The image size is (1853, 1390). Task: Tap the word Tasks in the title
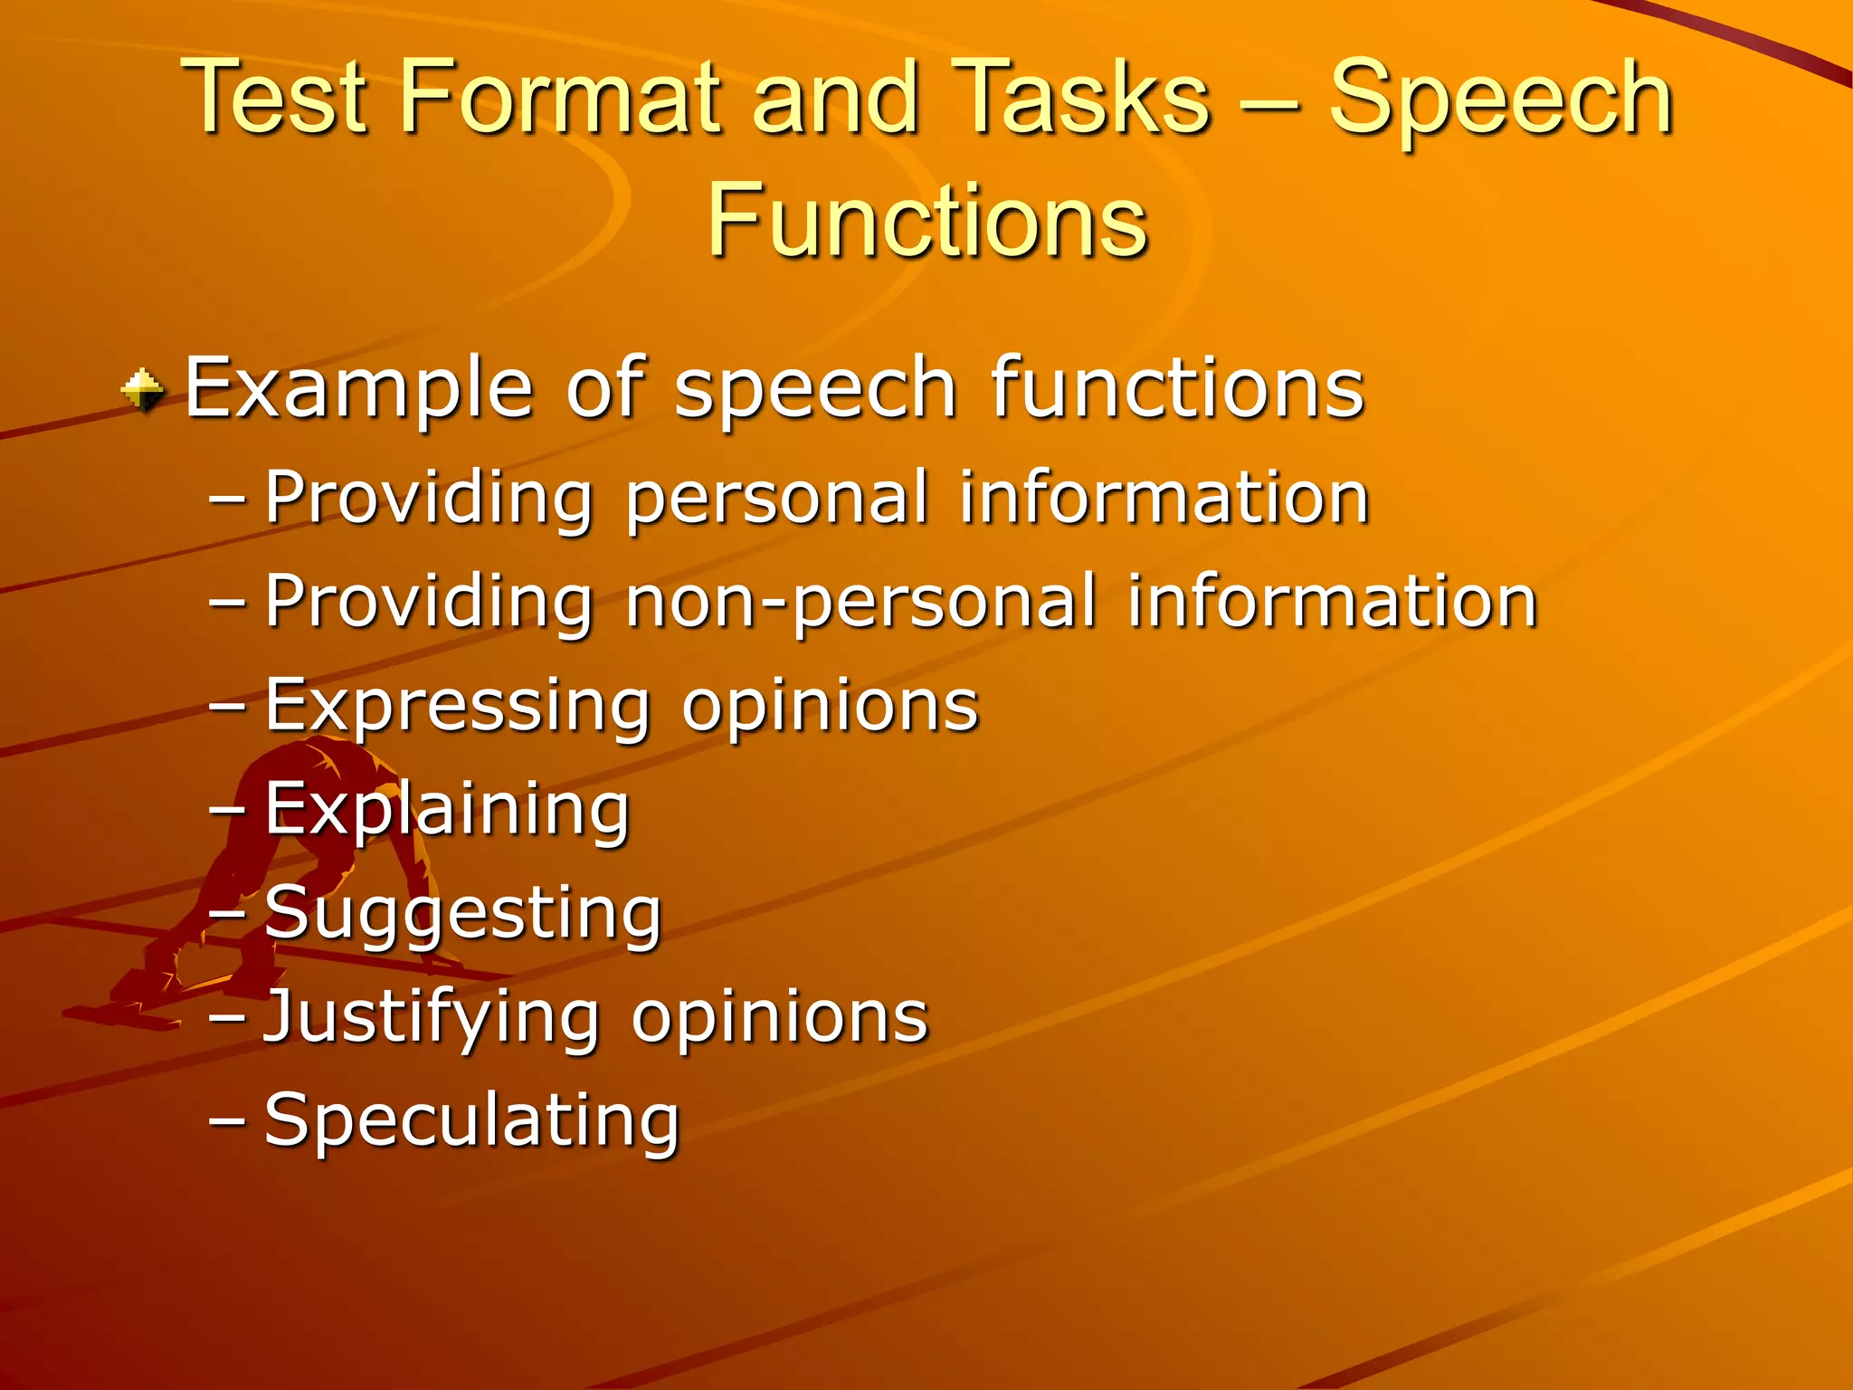[1081, 98]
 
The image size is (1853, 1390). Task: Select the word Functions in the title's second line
[926, 220]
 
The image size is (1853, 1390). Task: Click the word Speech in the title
[1500, 98]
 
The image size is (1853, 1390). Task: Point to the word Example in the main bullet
[358, 389]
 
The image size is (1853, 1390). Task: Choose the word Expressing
[457, 706]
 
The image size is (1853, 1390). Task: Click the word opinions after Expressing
[830, 706]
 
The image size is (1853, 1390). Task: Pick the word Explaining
[447, 809]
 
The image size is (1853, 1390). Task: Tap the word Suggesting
[463, 914]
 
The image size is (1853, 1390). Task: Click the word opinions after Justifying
[780, 1017]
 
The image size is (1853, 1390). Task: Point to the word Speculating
[471, 1121]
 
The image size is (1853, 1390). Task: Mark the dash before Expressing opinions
[226, 705]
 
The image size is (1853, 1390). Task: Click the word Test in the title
[275, 98]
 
